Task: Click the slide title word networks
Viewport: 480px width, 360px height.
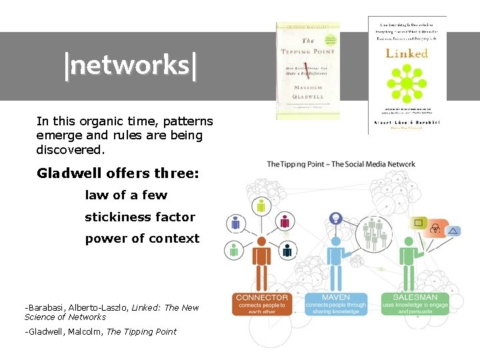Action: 131,66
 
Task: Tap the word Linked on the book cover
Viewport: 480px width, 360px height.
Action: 407,53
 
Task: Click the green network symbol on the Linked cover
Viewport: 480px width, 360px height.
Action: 407,84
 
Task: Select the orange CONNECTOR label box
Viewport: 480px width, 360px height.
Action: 262,304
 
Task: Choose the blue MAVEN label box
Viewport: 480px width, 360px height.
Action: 336,304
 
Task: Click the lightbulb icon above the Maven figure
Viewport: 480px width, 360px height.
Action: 336,218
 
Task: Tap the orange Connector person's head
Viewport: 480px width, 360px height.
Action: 261,241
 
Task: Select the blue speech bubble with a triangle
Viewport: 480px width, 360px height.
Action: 453,231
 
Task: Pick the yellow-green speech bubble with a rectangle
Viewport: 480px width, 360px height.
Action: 420,223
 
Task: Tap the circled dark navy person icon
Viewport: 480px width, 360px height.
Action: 287,250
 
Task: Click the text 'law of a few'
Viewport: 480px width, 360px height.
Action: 126,195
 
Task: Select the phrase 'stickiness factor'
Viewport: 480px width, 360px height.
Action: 140,217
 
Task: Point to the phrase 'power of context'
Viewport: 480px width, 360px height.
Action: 142,238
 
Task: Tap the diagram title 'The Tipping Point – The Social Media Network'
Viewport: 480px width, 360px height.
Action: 341,164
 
